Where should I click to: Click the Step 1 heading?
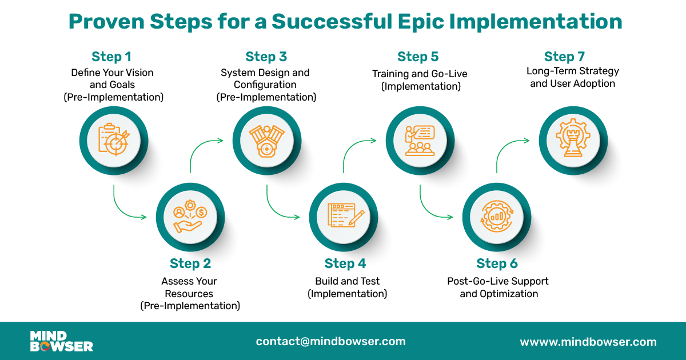click(x=111, y=57)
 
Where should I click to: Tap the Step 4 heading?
click(x=345, y=263)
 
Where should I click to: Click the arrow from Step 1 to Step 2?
click(x=129, y=209)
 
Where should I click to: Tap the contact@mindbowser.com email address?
click(x=331, y=341)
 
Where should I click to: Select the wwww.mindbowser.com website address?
click(x=588, y=342)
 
